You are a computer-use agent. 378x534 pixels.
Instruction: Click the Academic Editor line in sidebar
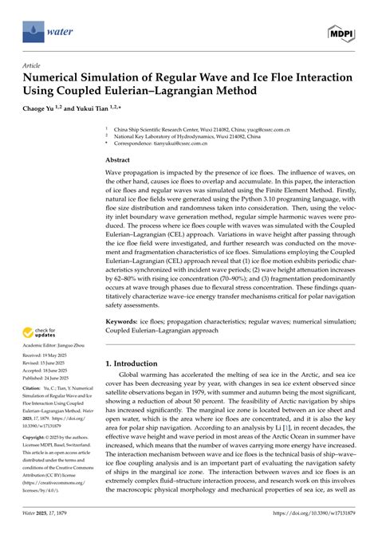coord(57,345)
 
